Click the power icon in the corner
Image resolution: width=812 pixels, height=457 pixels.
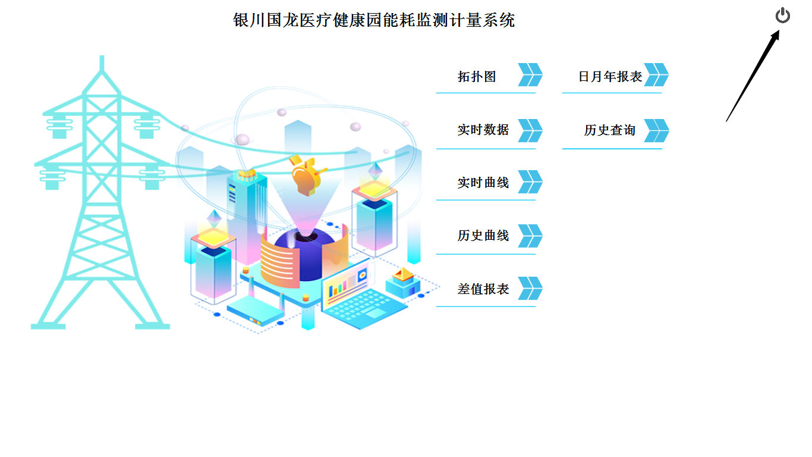coord(783,15)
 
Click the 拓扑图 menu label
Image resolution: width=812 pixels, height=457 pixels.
coord(477,76)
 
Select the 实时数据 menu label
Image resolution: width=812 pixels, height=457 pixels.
coord(483,130)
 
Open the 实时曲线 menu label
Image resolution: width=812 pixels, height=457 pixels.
coord(483,183)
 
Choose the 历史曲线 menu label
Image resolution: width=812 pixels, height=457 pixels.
coord(483,236)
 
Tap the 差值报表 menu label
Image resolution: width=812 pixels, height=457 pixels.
coord(483,289)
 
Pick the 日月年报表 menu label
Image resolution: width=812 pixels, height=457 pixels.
coord(610,76)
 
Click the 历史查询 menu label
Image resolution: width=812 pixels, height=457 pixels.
coord(609,130)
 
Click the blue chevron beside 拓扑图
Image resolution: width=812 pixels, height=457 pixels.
coord(530,75)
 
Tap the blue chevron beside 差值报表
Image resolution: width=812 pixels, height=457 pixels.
coord(530,289)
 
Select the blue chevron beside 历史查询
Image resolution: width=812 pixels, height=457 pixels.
coord(656,130)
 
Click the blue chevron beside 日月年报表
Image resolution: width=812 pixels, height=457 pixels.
coord(656,75)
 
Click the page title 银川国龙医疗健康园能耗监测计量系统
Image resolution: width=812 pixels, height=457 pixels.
coord(374,20)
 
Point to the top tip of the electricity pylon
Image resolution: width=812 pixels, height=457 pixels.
coord(102,58)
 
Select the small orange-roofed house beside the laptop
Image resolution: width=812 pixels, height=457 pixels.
coord(402,282)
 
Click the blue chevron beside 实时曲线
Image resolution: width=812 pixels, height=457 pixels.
coord(530,182)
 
